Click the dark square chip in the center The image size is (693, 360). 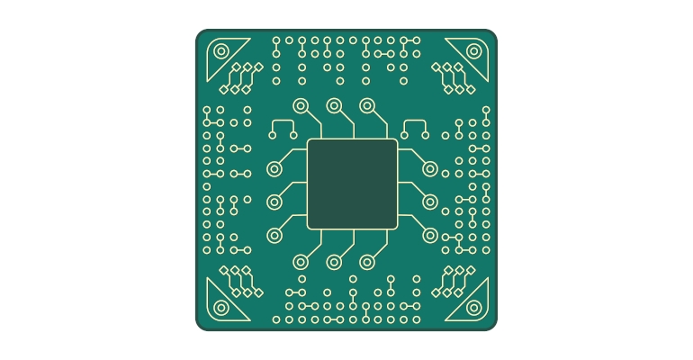click(x=352, y=184)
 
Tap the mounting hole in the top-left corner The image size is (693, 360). click(x=221, y=51)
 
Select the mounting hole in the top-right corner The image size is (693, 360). click(x=473, y=51)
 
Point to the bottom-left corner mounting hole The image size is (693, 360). click(x=221, y=307)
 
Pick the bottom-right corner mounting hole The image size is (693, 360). click(x=473, y=307)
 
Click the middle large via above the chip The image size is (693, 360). click(x=334, y=105)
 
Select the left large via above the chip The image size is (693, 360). click(x=301, y=105)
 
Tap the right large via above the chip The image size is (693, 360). click(x=367, y=105)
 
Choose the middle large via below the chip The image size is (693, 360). click(x=334, y=262)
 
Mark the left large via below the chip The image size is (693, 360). click(x=301, y=262)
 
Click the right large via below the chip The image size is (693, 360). click(x=367, y=262)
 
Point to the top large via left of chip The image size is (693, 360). click(x=274, y=168)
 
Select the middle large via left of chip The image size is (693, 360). click(x=274, y=202)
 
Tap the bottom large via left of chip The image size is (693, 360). click(x=274, y=235)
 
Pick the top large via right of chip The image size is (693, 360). click(x=430, y=168)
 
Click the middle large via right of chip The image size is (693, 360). click(x=430, y=202)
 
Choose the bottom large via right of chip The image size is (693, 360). click(x=430, y=235)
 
